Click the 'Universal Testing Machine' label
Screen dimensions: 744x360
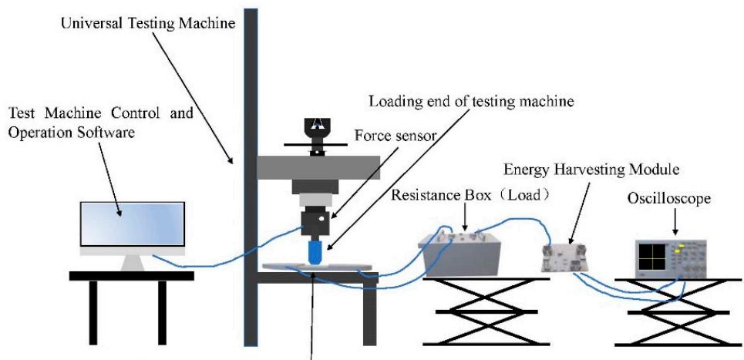click(149, 24)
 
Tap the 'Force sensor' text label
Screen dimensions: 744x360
click(396, 137)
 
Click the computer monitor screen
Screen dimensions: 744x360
click(133, 224)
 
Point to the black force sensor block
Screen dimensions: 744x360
click(315, 224)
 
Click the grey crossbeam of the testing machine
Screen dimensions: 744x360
click(318, 167)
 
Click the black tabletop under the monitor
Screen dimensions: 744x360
click(131, 275)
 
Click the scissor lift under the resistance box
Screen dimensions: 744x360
click(486, 311)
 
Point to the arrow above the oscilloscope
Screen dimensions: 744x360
click(675, 221)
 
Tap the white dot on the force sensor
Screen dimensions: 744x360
click(321, 219)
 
